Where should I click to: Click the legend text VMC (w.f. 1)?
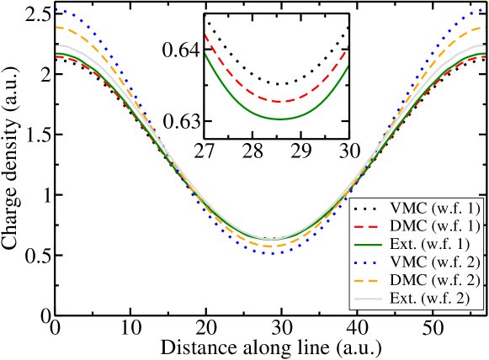435,207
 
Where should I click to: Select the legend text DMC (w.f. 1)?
435,225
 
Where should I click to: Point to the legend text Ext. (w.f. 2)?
434,298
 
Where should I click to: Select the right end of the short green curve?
348,66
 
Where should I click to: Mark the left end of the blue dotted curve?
56,9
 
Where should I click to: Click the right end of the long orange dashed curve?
485,27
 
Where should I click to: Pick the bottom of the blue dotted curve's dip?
270,253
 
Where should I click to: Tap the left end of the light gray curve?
56,45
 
